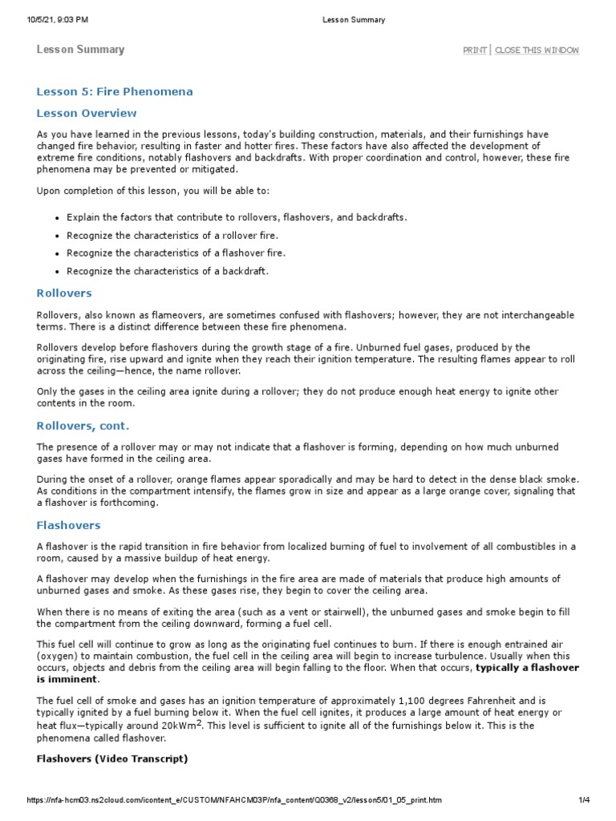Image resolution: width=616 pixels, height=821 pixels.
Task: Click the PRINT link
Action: click(x=474, y=51)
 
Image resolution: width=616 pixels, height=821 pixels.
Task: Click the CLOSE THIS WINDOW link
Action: click(x=537, y=51)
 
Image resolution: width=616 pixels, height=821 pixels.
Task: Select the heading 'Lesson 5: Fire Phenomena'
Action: click(x=115, y=92)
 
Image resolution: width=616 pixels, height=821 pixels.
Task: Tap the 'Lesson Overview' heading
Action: click(x=87, y=113)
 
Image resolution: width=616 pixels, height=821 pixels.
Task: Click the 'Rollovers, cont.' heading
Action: click(x=83, y=426)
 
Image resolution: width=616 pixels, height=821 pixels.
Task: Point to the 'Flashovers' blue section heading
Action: click(x=68, y=525)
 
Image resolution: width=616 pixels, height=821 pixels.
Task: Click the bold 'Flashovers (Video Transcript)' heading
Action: click(x=112, y=758)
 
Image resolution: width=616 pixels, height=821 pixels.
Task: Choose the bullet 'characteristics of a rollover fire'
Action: click(x=172, y=235)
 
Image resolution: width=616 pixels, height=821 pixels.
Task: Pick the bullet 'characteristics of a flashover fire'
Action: click(x=176, y=253)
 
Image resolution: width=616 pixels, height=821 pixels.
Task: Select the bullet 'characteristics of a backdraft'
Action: click(x=168, y=271)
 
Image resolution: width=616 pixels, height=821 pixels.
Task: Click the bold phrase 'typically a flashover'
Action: click(x=527, y=667)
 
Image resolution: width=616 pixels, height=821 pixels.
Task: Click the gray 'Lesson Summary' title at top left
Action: click(x=80, y=50)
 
